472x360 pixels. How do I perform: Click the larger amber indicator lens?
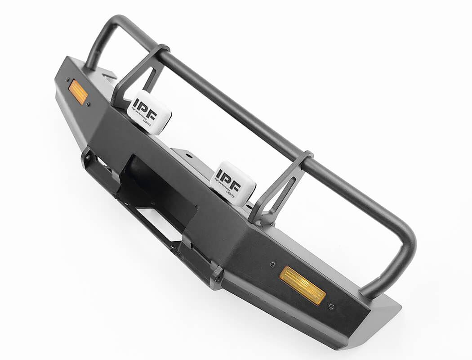(302, 285)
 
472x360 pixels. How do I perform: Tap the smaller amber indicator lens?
(78, 92)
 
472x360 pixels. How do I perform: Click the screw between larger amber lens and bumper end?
(331, 307)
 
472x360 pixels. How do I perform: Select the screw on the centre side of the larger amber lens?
(273, 265)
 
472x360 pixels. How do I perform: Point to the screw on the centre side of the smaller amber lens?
(89, 104)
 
